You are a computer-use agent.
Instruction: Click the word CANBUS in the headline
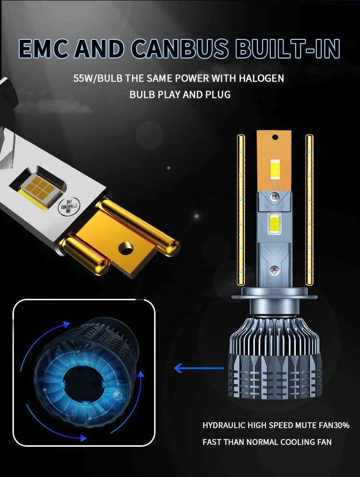pyautogui.click(x=180, y=49)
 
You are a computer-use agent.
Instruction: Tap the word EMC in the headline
pyautogui.click(x=44, y=49)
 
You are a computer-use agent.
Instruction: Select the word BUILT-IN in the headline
pyautogui.click(x=288, y=49)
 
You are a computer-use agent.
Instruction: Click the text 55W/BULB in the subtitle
pyautogui.click(x=98, y=78)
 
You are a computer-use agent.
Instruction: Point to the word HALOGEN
pyautogui.click(x=261, y=78)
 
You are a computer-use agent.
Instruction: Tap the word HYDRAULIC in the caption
pyautogui.click(x=224, y=425)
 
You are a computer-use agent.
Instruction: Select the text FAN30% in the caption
pyautogui.click(x=334, y=425)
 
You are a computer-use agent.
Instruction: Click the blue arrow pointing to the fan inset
pyautogui.click(x=199, y=368)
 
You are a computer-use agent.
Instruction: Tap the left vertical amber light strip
pyautogui.click(x=241, y=210)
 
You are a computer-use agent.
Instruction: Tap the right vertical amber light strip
pyautogui.click(x=309, y=209)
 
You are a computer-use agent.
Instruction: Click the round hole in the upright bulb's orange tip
pyautogui.click(x=276, y=137)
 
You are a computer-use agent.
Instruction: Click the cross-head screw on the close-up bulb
pyautogui.click(x=69, y=207)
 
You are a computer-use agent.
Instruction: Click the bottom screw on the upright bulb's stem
pyautogui.click(x=274, y=269)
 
